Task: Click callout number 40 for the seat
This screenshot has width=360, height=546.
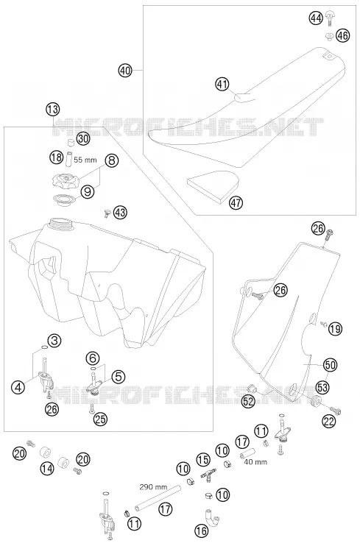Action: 125,71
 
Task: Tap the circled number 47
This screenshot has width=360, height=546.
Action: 236,202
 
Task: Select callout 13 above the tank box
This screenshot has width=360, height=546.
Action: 52,110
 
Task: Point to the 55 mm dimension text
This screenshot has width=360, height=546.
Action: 85,160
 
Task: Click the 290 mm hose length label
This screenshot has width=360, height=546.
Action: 153,486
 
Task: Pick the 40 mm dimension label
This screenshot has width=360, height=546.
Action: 255,461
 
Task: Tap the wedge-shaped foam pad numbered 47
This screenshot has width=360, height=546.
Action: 213,185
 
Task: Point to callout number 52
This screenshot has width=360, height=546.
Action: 249,401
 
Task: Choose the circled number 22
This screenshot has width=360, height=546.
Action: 329,421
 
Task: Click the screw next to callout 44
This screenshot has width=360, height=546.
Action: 329,18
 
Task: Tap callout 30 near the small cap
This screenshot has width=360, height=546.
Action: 83,139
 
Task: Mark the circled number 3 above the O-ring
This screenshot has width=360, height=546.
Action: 54,340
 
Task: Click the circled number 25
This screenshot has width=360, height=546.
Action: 100,419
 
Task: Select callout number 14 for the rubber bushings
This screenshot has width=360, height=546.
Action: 46,468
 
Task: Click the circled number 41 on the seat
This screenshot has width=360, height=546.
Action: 222,84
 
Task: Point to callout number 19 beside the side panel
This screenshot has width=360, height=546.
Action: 335,328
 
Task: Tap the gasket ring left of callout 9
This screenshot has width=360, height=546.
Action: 64,199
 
